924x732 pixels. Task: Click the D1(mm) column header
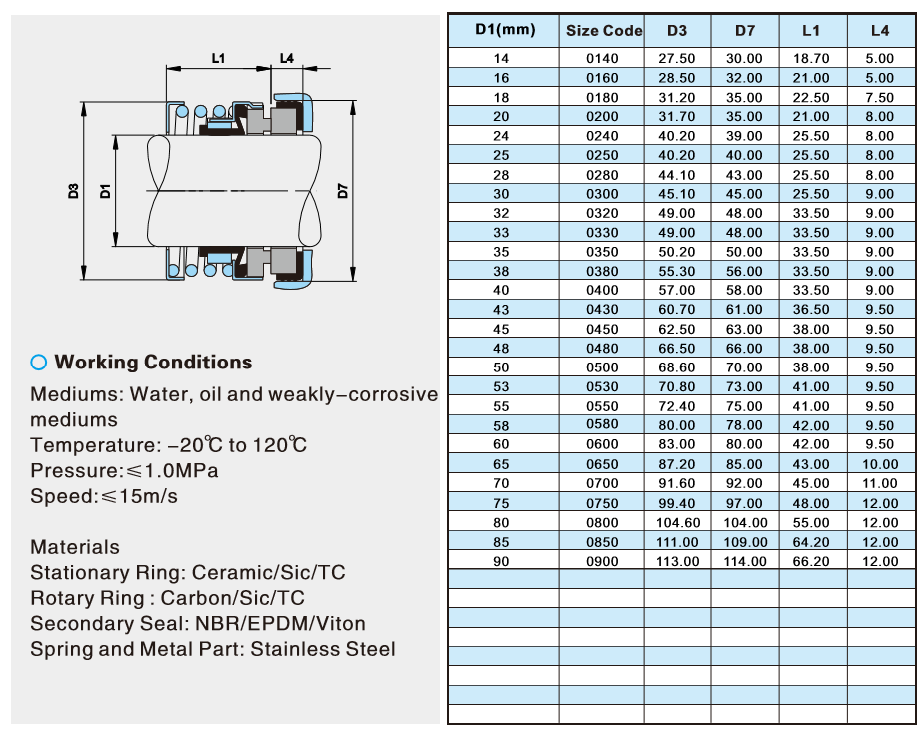pos(504,30)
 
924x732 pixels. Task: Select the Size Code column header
pos(603,31)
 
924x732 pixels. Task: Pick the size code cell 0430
pos(602,310)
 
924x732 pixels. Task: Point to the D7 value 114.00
pos(744,561)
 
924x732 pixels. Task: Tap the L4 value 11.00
pos(880,484)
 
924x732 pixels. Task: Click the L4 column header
pos(880,31)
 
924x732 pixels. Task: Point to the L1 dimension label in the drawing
pos(218,58)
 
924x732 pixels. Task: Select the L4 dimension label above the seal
pos(286,58)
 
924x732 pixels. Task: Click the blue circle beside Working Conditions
pos(39,363)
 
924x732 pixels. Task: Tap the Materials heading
pos(75,547)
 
